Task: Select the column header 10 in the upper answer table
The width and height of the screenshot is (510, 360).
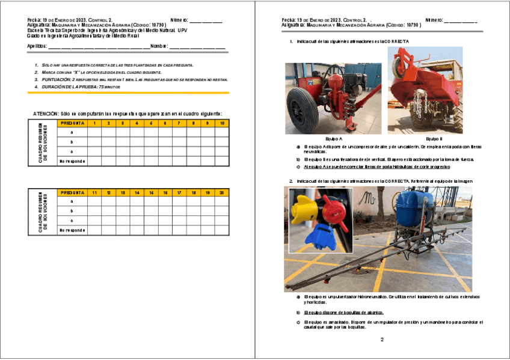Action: [222, 123]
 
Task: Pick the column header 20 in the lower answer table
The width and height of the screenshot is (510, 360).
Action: [222, 192]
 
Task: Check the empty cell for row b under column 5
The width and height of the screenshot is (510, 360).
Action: [151, 142]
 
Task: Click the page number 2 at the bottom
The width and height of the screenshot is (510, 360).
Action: [381, 340]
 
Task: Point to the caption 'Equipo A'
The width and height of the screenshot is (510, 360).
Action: [333, 138]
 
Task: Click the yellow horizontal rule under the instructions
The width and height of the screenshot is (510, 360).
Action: [128, 93]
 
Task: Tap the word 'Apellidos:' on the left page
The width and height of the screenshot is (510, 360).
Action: [37, 46]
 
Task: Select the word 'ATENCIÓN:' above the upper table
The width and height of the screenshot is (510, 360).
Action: [46, 114]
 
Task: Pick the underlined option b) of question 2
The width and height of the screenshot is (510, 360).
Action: [343, 313]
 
